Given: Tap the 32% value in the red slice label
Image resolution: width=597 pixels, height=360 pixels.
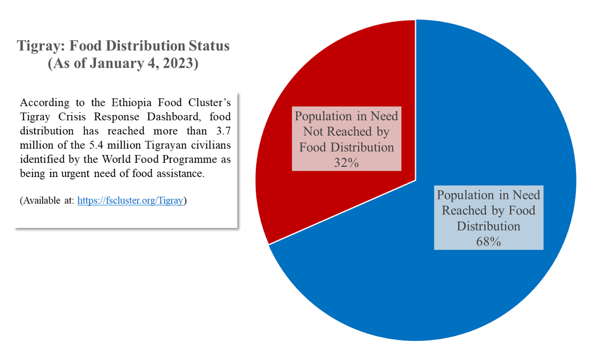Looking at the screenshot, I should [x=346, y=163].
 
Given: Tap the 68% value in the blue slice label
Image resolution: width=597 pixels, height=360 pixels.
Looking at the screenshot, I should [x=488, y=242].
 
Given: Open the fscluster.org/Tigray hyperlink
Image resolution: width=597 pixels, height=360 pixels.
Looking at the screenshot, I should [x=130, y=201].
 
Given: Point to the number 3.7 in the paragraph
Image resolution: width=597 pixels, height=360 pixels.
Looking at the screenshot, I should [x=223, y=131].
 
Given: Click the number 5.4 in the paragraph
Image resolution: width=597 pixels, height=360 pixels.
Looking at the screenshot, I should [x=96, y=145].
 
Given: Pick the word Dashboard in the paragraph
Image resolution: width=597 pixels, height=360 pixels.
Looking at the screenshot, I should [x=174, y=117].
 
